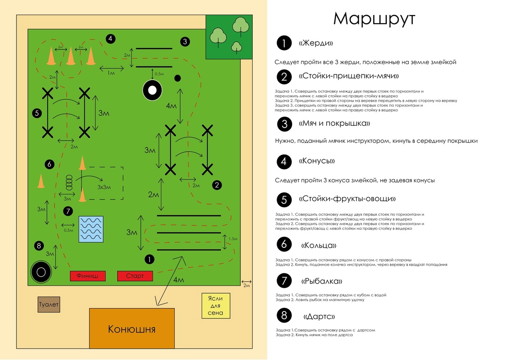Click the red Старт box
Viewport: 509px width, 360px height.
click(x=134, y=276)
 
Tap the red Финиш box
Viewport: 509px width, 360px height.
click(x=87, y=276)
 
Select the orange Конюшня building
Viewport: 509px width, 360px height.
click(x=131, y=328)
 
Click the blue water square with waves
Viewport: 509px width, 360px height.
click(x=90, y=229)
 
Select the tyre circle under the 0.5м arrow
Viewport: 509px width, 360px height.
click(x=152, y=90)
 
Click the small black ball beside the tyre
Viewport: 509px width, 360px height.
click(x=178, y=78)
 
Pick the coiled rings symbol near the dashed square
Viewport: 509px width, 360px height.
click(x=69, y=182)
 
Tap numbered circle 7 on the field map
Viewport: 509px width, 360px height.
click(x=68, y=211)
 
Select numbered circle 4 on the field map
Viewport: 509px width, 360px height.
click(x=110, y=39)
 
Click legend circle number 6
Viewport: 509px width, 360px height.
click(x=284, y=245)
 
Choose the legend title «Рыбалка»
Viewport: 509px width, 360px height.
click(x=321, y=281)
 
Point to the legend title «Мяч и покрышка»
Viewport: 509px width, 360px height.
click(x=334, y=123)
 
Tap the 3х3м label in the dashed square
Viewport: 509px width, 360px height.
click(x=104, y=187)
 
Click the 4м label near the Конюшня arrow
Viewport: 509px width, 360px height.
click(x=179, y=280)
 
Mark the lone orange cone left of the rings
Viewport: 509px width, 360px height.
click(x=41, y=182)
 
